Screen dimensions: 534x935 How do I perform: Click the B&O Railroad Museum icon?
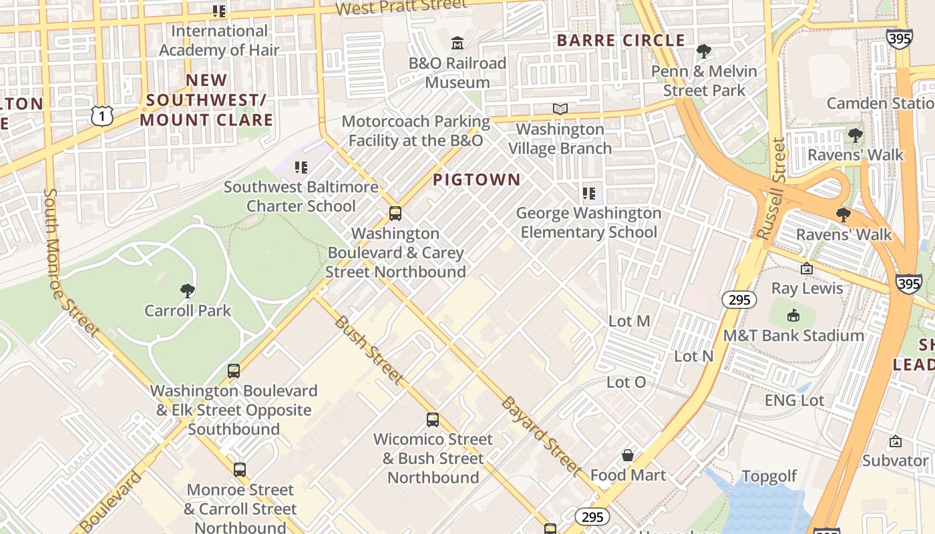(457, 43)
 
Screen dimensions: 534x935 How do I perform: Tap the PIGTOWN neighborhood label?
(476, 180)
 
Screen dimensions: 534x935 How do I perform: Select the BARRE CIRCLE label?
(621, 41)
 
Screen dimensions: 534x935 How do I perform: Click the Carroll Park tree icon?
(188, 290)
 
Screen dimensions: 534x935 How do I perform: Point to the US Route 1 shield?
(102, 115)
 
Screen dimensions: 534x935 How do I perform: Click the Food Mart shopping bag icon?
(628, 455)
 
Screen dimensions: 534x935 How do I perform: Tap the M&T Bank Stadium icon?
(793, 316)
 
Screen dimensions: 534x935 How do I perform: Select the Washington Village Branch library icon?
(560, 109)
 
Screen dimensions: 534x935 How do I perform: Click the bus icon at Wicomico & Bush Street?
(433, 420)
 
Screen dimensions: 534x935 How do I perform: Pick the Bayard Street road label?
(541, 436)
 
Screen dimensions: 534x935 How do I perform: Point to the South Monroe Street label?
(69, 260)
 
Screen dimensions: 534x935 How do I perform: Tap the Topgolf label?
(769, 476)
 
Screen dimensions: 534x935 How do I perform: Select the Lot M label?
(629, 321)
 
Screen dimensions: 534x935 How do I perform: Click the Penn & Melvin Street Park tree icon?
(703, 51)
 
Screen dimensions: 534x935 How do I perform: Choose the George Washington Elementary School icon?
(588, 194)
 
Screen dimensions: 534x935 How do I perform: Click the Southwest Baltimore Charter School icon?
(301, 168)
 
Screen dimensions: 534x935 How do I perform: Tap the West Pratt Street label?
(401, 7)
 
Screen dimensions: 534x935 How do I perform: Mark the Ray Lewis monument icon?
(807, 268)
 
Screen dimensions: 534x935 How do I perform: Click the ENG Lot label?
(794, 400)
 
